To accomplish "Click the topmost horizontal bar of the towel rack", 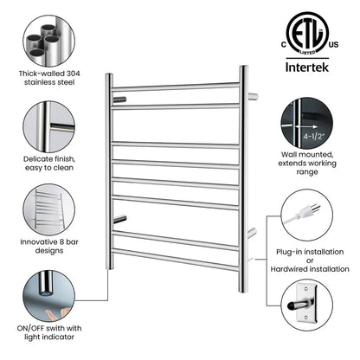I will point(176,87).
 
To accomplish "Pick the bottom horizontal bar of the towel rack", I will point(176,259).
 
